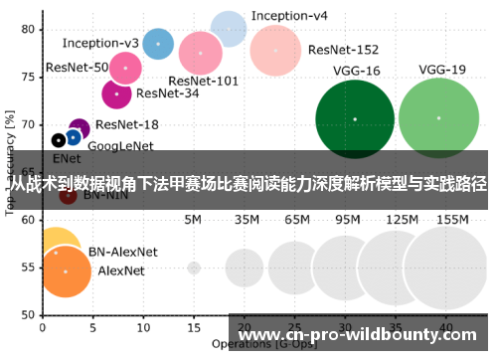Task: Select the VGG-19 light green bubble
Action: click(438, 118)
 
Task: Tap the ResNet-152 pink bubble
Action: click(275, 50)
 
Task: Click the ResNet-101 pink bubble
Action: click(201, 53)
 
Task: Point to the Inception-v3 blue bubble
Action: click(158, 44)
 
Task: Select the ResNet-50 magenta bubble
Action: click(124, 68)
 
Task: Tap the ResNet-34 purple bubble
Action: click(117, 94)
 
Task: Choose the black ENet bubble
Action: click(59, 140)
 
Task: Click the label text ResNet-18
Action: click(127, 124)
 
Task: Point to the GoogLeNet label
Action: click(120, 146)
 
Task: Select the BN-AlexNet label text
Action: click(125, 252)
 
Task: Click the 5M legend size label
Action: click(194, 219)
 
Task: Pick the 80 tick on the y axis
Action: click(29, 29)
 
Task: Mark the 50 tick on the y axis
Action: click(29, 315)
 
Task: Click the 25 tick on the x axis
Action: click(294, 326)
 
